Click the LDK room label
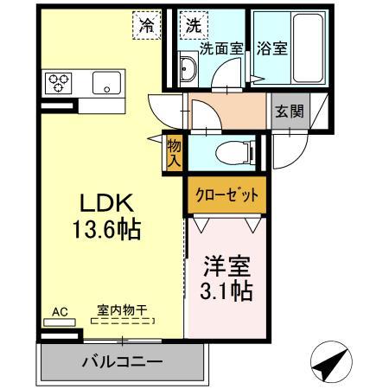[105, 204]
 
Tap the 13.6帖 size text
[105, 231]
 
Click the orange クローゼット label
[225, 195]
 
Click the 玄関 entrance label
[289, 111]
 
